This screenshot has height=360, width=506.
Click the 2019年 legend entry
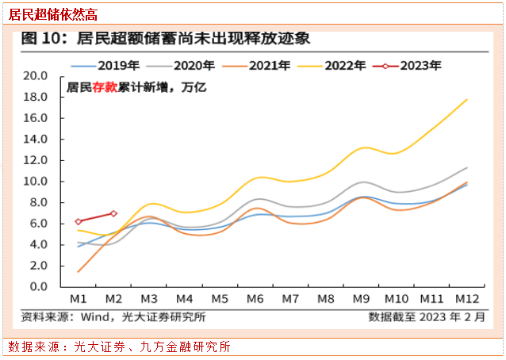[108, 66]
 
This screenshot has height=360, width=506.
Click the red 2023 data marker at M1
[79, 222]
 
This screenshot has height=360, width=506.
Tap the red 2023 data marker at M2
[113, 213]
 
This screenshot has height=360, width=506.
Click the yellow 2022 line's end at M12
[467, 99]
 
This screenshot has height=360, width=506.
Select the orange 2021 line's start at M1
[79, 271]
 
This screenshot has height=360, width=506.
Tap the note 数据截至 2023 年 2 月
[426, 317]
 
